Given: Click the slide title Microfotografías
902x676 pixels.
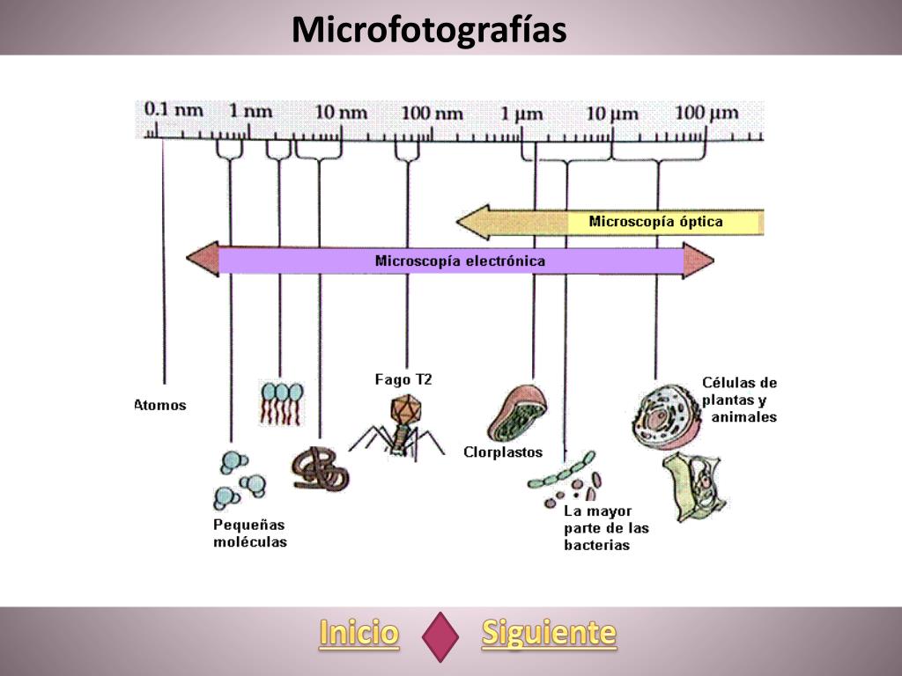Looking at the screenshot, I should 429,29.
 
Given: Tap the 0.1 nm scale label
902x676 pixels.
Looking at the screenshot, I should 174,111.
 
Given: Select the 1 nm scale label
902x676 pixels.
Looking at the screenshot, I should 251,111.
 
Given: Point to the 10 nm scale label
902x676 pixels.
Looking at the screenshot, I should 341,112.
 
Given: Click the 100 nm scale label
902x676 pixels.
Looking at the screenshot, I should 432,113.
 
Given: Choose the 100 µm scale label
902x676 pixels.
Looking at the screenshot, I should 707,113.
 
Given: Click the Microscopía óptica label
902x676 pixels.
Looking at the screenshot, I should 655,222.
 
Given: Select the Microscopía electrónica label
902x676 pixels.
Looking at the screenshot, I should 460,261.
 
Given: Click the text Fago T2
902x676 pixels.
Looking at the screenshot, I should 403,379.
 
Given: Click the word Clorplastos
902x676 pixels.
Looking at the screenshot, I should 503,452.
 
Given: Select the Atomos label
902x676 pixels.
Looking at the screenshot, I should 160,406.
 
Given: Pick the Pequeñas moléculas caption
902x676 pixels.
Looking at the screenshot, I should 250,533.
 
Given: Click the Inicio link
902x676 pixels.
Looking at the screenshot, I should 359,633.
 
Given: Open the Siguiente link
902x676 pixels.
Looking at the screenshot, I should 549,633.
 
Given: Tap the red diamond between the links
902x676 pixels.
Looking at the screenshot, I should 440,636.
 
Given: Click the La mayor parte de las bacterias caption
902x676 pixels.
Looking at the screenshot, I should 606,528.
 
